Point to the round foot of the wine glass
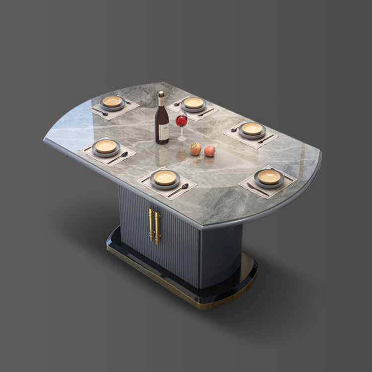[182, 139]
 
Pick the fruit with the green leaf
[196, 148]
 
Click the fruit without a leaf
[210, 151]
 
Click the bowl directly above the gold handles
[165, 178]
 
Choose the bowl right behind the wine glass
[193, 103]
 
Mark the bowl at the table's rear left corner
[112, 102]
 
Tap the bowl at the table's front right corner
[269, 177]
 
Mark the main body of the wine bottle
[162, 124]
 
